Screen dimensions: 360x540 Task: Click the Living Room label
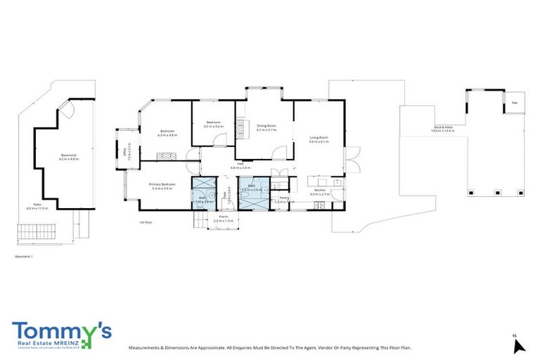(319, 137)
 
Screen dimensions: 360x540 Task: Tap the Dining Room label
(266, 126)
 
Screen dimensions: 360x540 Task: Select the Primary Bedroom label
(162, 184)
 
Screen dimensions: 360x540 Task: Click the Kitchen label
(320, 190)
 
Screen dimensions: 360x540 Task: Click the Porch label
(223, 217)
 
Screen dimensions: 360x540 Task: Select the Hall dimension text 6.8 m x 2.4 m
(240, 168)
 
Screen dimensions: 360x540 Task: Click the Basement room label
(69, 155)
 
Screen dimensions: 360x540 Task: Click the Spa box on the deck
(514, 103)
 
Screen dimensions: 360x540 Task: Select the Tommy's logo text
(60, 332)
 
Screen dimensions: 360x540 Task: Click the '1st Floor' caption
(146, 221)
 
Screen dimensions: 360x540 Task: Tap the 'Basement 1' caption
(24, 257)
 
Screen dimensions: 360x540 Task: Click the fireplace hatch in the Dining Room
(243, 127)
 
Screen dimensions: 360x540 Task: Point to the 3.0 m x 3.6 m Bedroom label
(213, 124)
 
